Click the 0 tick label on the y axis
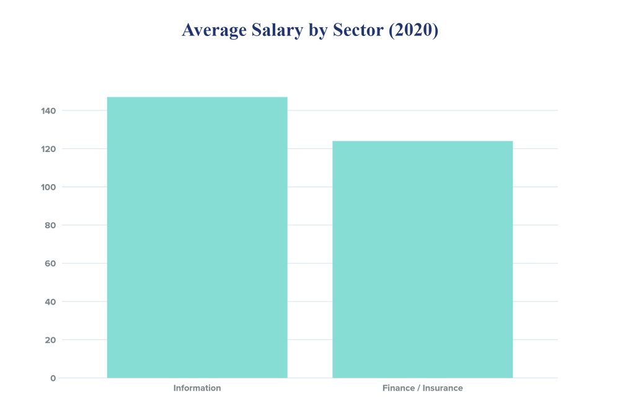click(x=53, y=378)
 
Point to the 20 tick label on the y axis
click(x=50, y=340)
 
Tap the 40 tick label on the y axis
click(x=50, y=301)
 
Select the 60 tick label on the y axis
click(x=50, y=263)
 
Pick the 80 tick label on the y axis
click(x=50, y=225)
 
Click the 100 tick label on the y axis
click(x=48, y=187)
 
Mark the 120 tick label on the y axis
click(x=48, y=149)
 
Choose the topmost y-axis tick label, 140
click(x=48, y=110)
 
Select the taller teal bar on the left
click(x=197, y=236)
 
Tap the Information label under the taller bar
click(x=197, y=389)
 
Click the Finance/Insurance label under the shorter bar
click(x=422, y=389)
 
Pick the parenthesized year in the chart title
click(x=413, y=30)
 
